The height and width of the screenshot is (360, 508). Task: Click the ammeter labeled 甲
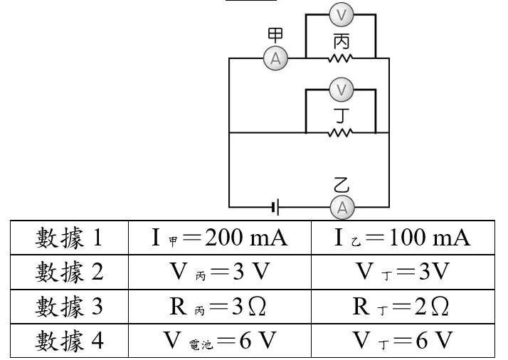tap(275, 58)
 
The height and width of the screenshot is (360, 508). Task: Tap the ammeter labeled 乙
tap(342, 207)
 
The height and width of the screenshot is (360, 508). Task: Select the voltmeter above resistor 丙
tap(341, 14)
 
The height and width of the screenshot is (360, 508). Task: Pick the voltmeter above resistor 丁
tap(341, 89)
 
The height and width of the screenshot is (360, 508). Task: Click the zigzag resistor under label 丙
tap(340, 58)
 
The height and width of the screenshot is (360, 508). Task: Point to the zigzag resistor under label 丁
tap(340, 132)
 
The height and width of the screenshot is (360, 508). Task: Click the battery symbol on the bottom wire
tap(275, 207)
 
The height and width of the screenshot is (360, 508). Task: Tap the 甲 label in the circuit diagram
tap(275, 35)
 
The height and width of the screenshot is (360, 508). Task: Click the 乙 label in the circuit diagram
tap(342, 185)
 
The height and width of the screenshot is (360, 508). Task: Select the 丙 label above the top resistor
tap(342, 42)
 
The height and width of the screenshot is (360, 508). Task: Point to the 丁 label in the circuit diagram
tap(342, 116)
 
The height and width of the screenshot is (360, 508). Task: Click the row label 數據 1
tap(69, 238)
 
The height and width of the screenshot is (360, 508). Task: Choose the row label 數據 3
tap(69, 306)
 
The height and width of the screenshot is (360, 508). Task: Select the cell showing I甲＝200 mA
tap(220, 238)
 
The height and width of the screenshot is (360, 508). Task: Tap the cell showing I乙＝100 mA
tap(403, 238)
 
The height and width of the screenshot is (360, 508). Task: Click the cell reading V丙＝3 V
tap(220, 272)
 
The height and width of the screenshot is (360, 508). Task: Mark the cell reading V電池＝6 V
tap(220, 340)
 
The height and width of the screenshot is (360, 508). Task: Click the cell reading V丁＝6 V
tap(402, 340)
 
